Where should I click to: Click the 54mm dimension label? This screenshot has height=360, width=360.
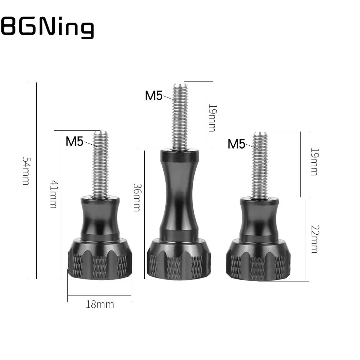[26, 171]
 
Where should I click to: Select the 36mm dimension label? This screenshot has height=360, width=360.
[137, 197]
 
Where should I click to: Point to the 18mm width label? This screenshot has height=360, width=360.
[100, 305]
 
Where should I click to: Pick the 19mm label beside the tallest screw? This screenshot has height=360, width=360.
[212, 118]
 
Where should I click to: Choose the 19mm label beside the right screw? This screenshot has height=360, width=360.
[314, 162]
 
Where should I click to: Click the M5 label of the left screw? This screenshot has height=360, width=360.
[75, 141]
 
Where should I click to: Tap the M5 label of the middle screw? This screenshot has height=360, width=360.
[153, 96]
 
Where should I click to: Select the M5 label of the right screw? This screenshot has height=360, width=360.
[237, 144]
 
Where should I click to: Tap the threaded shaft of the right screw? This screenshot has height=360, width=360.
[260, 165]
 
